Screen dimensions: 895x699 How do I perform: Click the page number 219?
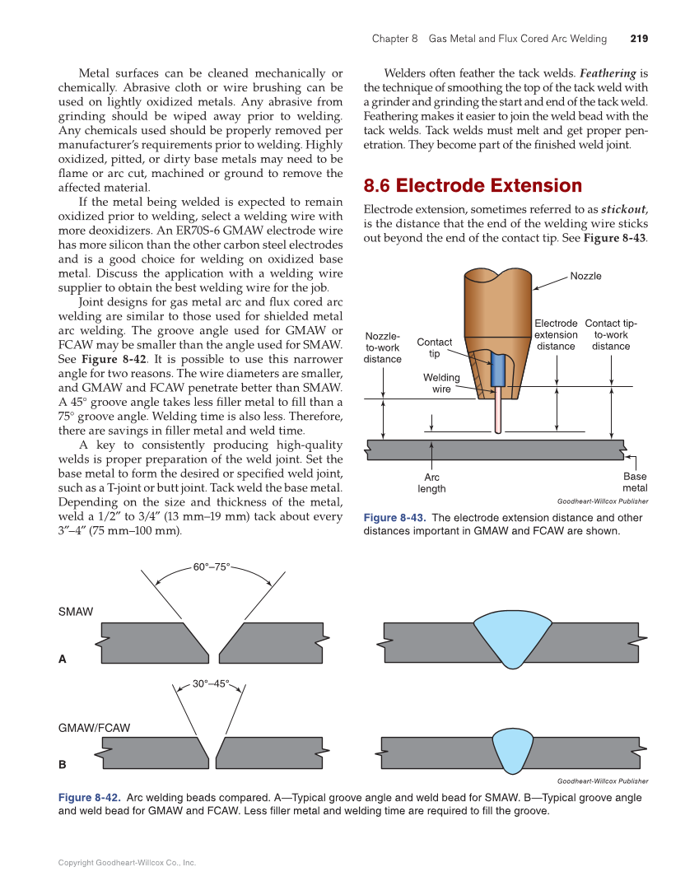click(639, 39)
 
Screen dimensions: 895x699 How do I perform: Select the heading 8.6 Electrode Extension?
click(473, 185)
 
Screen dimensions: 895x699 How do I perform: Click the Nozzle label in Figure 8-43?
click(585, 276)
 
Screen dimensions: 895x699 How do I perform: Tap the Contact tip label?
click(434, 347)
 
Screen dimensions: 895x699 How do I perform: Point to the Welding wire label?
click(441, 383)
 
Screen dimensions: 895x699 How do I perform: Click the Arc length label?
click(431, 482)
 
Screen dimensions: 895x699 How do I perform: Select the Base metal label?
click(635, 482)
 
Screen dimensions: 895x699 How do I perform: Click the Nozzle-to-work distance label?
click(383, 347)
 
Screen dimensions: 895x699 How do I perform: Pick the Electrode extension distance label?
click(556, 335)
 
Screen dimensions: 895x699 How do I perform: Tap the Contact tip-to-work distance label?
click(611, 335)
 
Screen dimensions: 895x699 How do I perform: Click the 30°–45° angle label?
click(211, 683)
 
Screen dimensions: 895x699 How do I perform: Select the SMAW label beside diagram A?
click(76, 612)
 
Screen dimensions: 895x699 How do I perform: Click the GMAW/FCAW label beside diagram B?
click(94, 728)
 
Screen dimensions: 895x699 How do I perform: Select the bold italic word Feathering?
click(608, 73)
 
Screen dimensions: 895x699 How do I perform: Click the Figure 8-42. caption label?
click(90, 798)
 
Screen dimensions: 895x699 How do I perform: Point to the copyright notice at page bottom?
click(127, 863)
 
